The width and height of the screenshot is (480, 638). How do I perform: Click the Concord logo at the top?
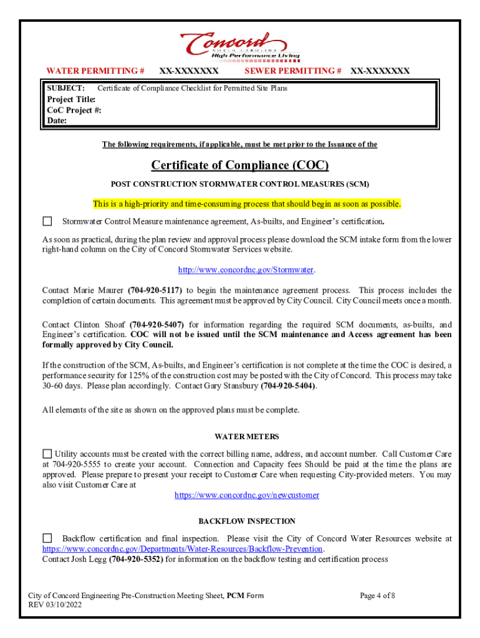coord(240,45)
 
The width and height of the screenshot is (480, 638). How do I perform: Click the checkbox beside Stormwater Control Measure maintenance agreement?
coord(47,221)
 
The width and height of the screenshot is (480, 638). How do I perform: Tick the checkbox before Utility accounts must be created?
coord(47,454)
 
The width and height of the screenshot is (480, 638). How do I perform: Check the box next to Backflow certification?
coord(47,538)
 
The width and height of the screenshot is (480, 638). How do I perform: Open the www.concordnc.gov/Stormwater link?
coord(246,270)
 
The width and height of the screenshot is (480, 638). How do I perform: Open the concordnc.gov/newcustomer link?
coord(247,495)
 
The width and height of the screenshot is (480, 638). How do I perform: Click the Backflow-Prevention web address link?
coord(183,549)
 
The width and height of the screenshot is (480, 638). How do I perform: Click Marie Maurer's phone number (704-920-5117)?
coord(155,290)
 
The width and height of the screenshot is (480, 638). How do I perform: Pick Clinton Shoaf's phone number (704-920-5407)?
coord(157,325)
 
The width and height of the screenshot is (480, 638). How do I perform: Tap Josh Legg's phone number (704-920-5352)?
coord(137,559)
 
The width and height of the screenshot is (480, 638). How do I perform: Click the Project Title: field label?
coord(72,100)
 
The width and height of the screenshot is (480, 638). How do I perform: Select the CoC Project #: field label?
coord(74,110)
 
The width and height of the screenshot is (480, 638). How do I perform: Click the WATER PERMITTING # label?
coord(96,71)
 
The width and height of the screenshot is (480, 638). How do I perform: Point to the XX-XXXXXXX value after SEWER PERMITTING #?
coord(380,71)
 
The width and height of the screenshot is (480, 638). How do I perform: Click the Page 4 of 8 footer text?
coord(378,596)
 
